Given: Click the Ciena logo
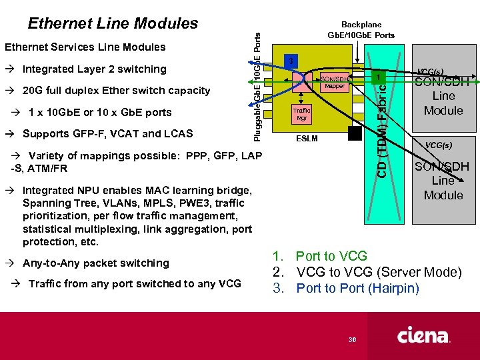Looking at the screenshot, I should [424, 335].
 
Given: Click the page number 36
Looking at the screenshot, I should [353, 340].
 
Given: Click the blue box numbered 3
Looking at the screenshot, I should [291, 61].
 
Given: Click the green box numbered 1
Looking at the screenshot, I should [379, 79].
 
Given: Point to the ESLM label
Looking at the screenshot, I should [307, 139].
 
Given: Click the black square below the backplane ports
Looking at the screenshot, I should [355, 133].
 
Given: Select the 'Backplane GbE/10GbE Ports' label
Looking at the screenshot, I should [361, 29].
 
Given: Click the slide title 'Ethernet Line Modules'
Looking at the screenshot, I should [113, 23].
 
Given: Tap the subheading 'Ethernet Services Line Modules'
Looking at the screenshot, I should [85, 47].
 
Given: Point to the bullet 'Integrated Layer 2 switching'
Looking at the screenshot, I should [94, 69].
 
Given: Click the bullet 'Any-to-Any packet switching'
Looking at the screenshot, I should [95, 263].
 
